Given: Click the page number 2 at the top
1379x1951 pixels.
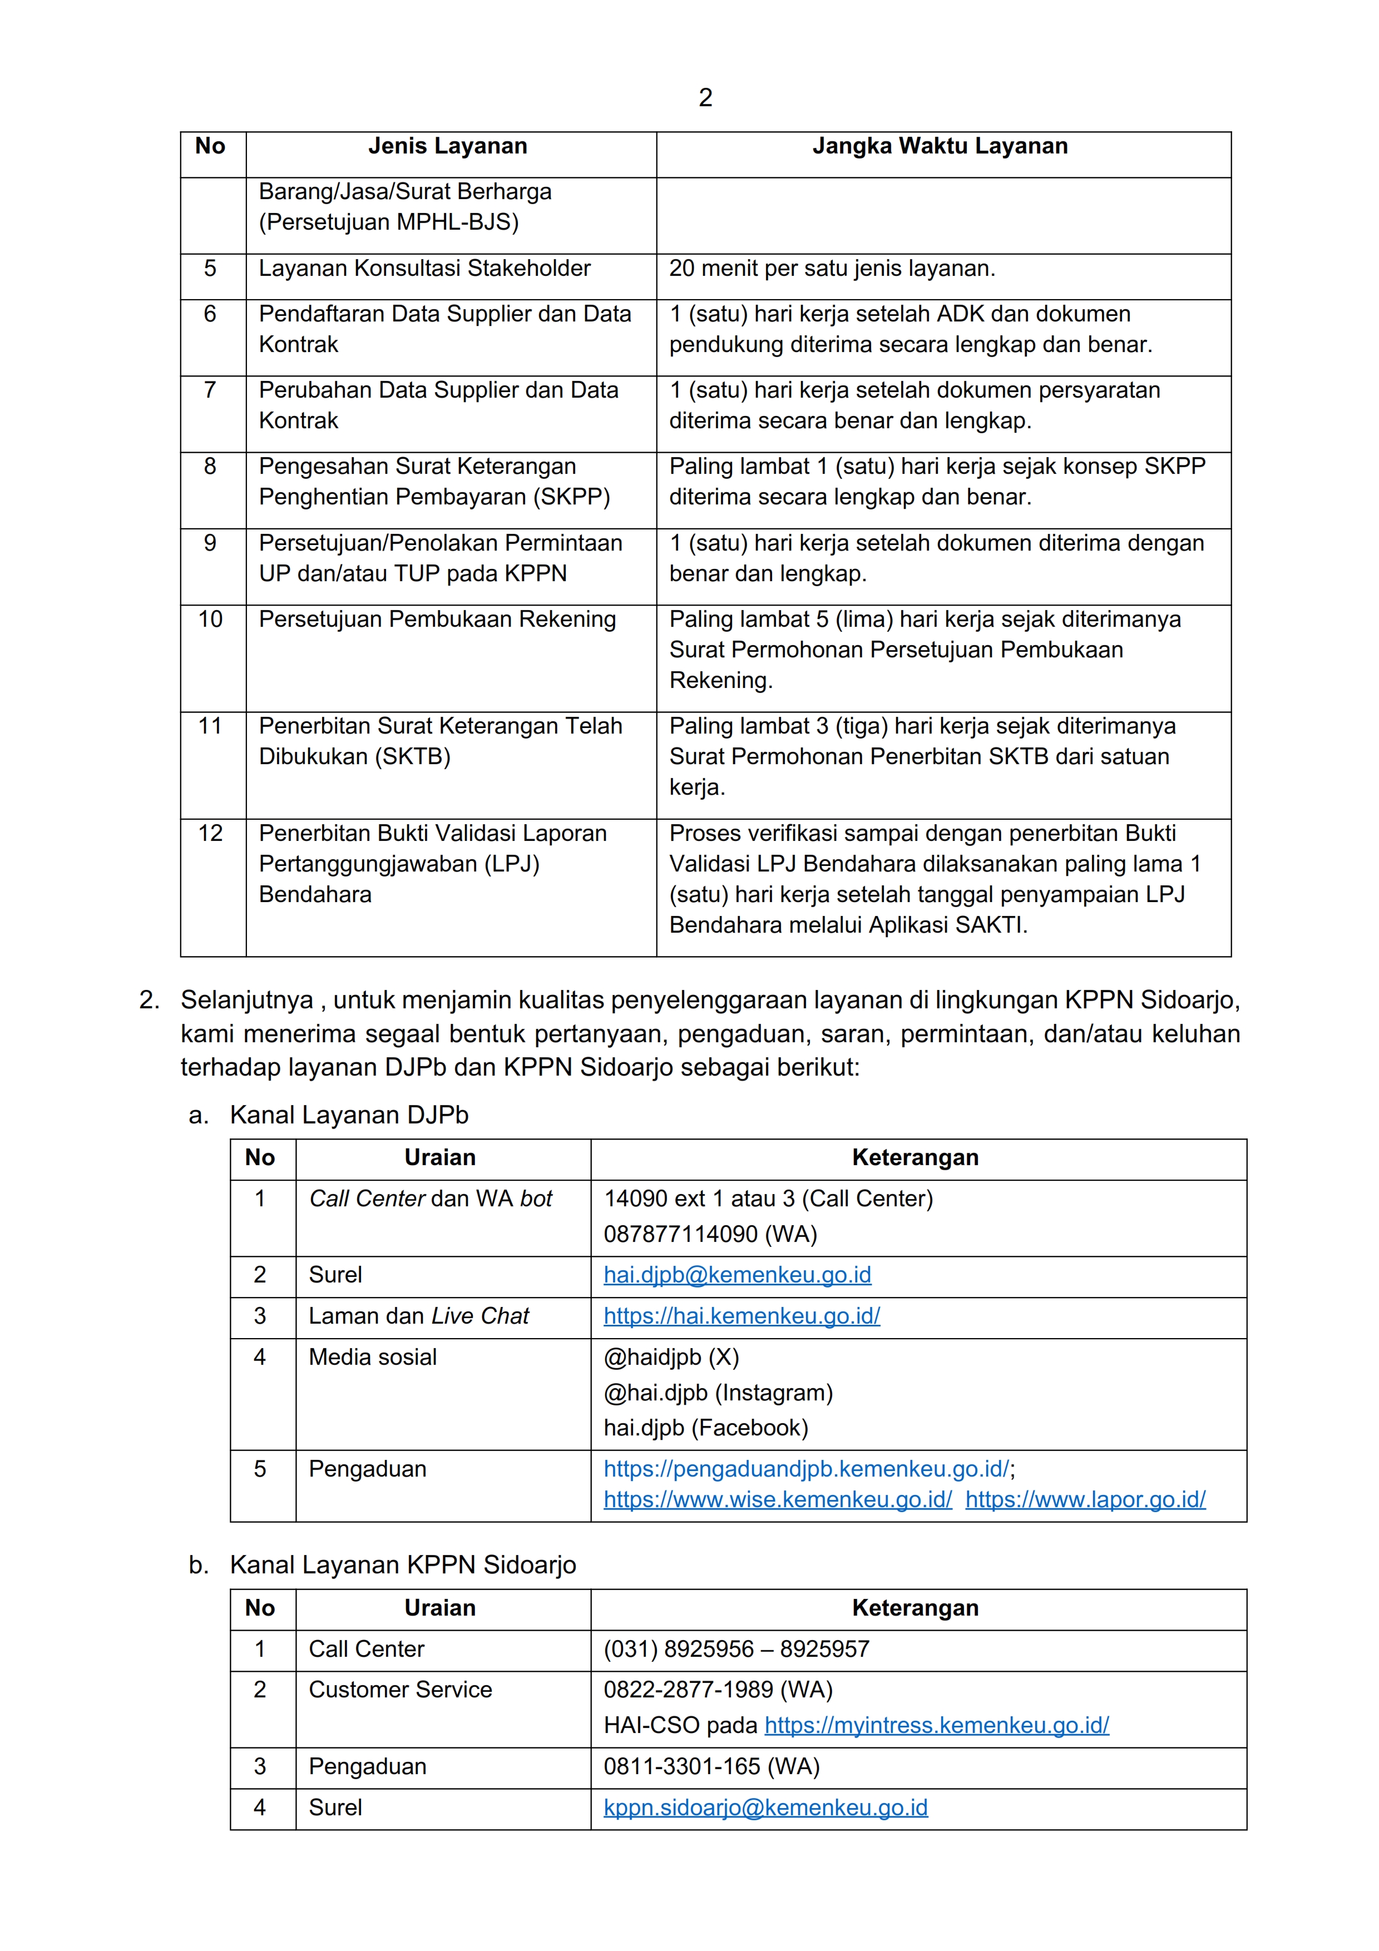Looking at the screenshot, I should point(705,98).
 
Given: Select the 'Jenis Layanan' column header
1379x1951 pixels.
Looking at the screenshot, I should point(448,146).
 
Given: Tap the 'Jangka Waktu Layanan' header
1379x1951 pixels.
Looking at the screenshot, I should point(940,146).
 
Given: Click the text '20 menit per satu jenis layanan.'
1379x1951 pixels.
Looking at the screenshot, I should point(832,269).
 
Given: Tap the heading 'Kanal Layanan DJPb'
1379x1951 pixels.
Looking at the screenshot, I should point(349,1115).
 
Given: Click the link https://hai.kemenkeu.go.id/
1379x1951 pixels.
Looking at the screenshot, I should point(742,1316).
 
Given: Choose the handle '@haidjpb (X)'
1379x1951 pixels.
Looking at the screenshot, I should point(671,1357).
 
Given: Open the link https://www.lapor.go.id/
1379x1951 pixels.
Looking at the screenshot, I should point(1085,1500).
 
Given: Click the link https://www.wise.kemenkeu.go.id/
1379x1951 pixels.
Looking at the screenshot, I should point(778,1500).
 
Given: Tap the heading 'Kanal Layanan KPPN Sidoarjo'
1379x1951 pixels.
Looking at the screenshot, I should point(403,1565).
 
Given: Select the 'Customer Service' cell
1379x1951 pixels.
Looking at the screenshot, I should point(400,1690).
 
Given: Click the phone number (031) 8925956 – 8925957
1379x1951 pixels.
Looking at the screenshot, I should point(737,1650).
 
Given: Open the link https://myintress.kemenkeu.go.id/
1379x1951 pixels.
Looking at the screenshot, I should point(936,1726).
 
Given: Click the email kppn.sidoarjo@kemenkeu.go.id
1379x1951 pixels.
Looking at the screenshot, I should point(765,1808).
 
